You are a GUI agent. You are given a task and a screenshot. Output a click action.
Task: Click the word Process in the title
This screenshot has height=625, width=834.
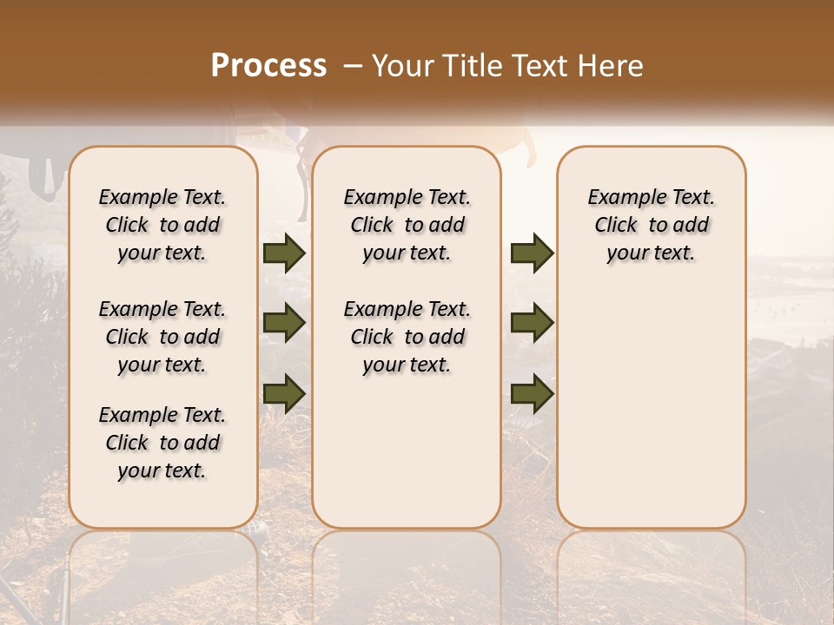[x=268, y=66]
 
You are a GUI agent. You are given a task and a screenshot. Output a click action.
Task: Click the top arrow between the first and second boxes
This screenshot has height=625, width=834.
[x=284, y=253]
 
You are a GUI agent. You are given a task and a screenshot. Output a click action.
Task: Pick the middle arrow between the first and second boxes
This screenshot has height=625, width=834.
[x=284, y=324]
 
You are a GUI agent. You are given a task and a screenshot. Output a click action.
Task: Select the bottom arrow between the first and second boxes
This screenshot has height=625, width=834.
[x=284, y=392]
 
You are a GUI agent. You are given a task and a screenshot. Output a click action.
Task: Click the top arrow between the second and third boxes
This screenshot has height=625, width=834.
[x=532, y=253]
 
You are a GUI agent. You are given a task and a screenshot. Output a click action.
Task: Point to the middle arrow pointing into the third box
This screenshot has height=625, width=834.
[x=532, y=324]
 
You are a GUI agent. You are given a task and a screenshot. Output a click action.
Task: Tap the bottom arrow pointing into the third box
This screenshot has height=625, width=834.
[x=532, y=394]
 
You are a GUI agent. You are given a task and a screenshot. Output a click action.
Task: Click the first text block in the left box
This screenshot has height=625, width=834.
[x=162, y=225]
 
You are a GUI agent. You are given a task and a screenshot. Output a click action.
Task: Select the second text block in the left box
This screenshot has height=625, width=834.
[x=162, y=337]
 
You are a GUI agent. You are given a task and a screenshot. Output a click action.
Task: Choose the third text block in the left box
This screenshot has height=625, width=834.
[x=162, y=443]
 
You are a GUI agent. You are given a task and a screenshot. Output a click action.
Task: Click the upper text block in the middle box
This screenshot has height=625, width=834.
[x=407, y=225]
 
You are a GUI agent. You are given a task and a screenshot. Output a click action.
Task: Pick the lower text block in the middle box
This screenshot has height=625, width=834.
[x=407, y=337]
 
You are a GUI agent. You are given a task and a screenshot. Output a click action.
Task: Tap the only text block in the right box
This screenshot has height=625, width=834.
[x=652, y=225]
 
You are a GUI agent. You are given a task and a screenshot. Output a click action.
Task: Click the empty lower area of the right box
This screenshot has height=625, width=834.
[x=652, y=408]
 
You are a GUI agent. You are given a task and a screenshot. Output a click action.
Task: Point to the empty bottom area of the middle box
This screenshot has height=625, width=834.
[x=407, y=460]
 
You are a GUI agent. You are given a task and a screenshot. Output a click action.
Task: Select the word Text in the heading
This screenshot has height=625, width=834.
[x=540, y=66]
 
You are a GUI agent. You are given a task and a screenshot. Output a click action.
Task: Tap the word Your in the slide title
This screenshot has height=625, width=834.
[x=402, y=66]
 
